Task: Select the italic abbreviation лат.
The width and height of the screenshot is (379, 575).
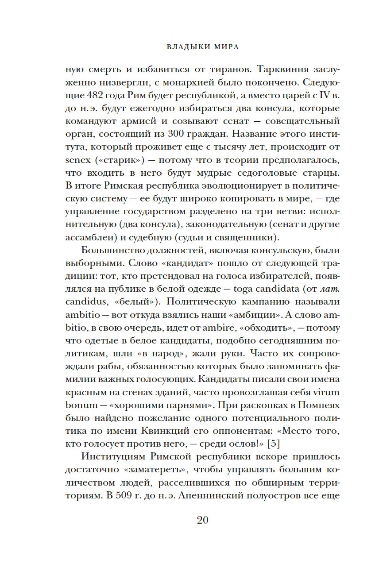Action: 330,289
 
